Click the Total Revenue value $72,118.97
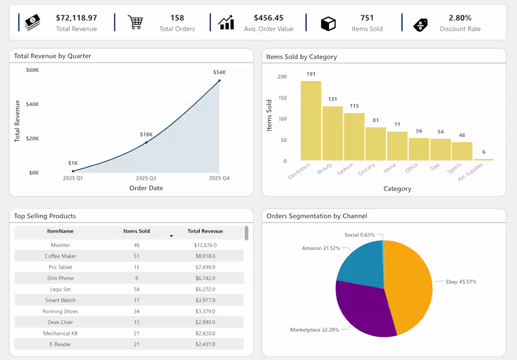pyautogui.click(x=76, y=18)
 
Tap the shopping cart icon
pyautogui.click(x=135, y=23)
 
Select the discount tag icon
pyautogui.click(x=421, y=24)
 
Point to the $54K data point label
pyautogui.click(x=219, y=72)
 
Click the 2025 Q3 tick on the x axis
pyautogui.click(x=146, y=178)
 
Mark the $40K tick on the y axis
pyautogui.click(x=32, y=104)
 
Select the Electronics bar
pyautogui.click(x=310, y=121)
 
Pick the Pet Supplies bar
pyautogui.click(x=483, y=159)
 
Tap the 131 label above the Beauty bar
pyautogui.click(x=333, y=99)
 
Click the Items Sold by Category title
pyautogui.click(x=301, y=57)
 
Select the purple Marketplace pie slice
pyautogui.click(x=362, y=307)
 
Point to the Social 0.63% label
pyautogui.click(x=359, y=235)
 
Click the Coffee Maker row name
pyautogui.click(x=61, y=256)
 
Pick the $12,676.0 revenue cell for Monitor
pyautogui.click(x=205, y=245)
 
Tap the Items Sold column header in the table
pyautogui.click(x=136, y=231)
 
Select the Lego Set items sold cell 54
pyautogui.click(x=136, y=289)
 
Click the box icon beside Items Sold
pyautogui.click(x=328, y=23)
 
